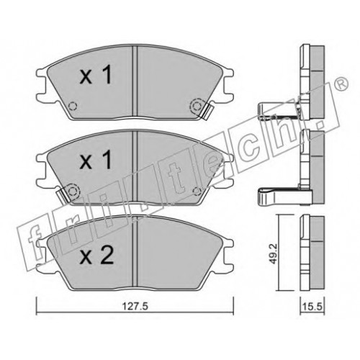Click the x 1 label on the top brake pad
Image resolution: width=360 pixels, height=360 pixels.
pyautogui.click(x=96, y=75)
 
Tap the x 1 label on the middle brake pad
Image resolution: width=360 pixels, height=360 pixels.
pyautogui.click(x=96, y=159)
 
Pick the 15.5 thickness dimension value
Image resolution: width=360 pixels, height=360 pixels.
pyautogui.click(x=312, y=307)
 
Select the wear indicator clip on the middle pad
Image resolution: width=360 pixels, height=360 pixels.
pyautogui.click(x=63, y=195)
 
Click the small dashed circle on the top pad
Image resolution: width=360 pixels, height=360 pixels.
pyautogui.click(x=73, y=106)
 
